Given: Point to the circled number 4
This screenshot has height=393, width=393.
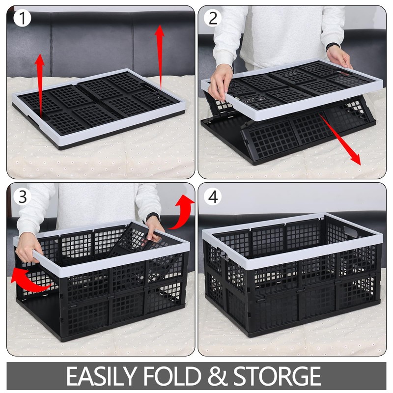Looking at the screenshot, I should pyautogui.click(x=213, y=196).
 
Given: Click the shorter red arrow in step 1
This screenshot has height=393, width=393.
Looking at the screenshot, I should pyautogui.click(x=40, y=81).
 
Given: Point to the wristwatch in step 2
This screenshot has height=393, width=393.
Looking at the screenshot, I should pyautogui.click(x=333, y=47).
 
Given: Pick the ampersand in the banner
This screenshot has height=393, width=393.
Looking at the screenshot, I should pyautogui.click(x=219, y=376).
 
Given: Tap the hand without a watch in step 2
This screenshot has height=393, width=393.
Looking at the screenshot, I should pyautogui.click(x=220, y=81).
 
